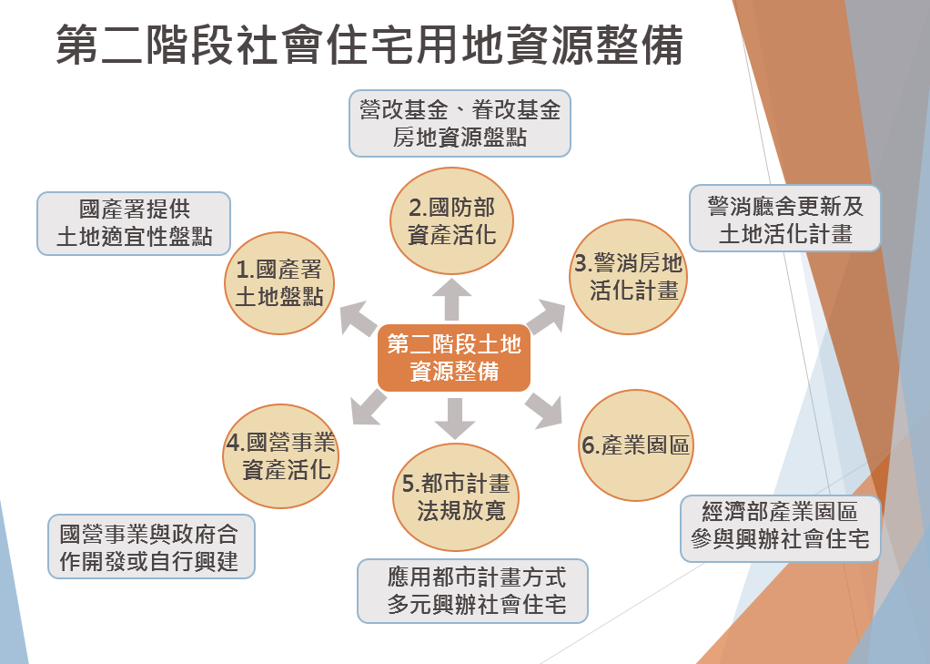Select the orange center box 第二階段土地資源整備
tap(453, 357)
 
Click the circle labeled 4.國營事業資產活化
tap(279, 456)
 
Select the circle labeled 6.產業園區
tap(634, 446)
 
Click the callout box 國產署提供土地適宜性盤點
tap(134, 223)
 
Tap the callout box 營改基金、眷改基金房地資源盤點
tap(460, 123)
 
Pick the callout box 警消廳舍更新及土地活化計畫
tap(785, 219)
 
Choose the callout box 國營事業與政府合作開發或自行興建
tap(151, 547)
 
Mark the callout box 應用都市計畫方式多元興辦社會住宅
tap(472, 590)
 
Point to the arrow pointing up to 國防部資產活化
tap(452, 299)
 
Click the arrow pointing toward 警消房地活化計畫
tap(545, 316)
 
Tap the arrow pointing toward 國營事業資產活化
tap(367, 405)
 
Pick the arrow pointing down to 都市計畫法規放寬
tap(454, 417)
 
